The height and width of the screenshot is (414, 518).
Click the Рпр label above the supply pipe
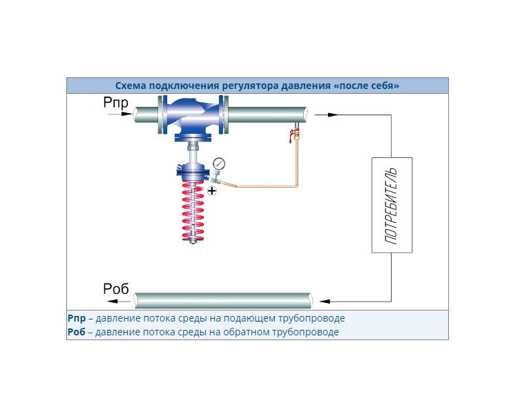(115, 102)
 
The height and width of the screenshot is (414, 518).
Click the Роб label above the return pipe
(115, 289)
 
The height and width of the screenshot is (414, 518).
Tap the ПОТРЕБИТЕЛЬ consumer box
(392, 205)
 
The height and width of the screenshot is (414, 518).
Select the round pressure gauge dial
(219, 164)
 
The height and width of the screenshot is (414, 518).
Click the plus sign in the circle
(212, 190)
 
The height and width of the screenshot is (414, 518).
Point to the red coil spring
(193, 210)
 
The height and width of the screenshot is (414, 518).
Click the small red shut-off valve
(294, 134)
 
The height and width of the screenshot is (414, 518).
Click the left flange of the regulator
(162, 115)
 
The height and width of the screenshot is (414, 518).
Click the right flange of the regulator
(224, 115)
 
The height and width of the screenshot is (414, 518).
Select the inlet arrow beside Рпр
(120, 114)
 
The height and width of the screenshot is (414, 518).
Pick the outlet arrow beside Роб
(119, 301)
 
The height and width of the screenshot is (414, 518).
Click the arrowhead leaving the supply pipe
(333, 115)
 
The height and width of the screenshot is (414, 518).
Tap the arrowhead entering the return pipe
(325, 301)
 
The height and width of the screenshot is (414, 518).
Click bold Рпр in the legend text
(77, 319)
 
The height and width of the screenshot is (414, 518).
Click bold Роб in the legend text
(76, 332)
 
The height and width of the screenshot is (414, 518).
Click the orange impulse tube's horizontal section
(267, 186)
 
